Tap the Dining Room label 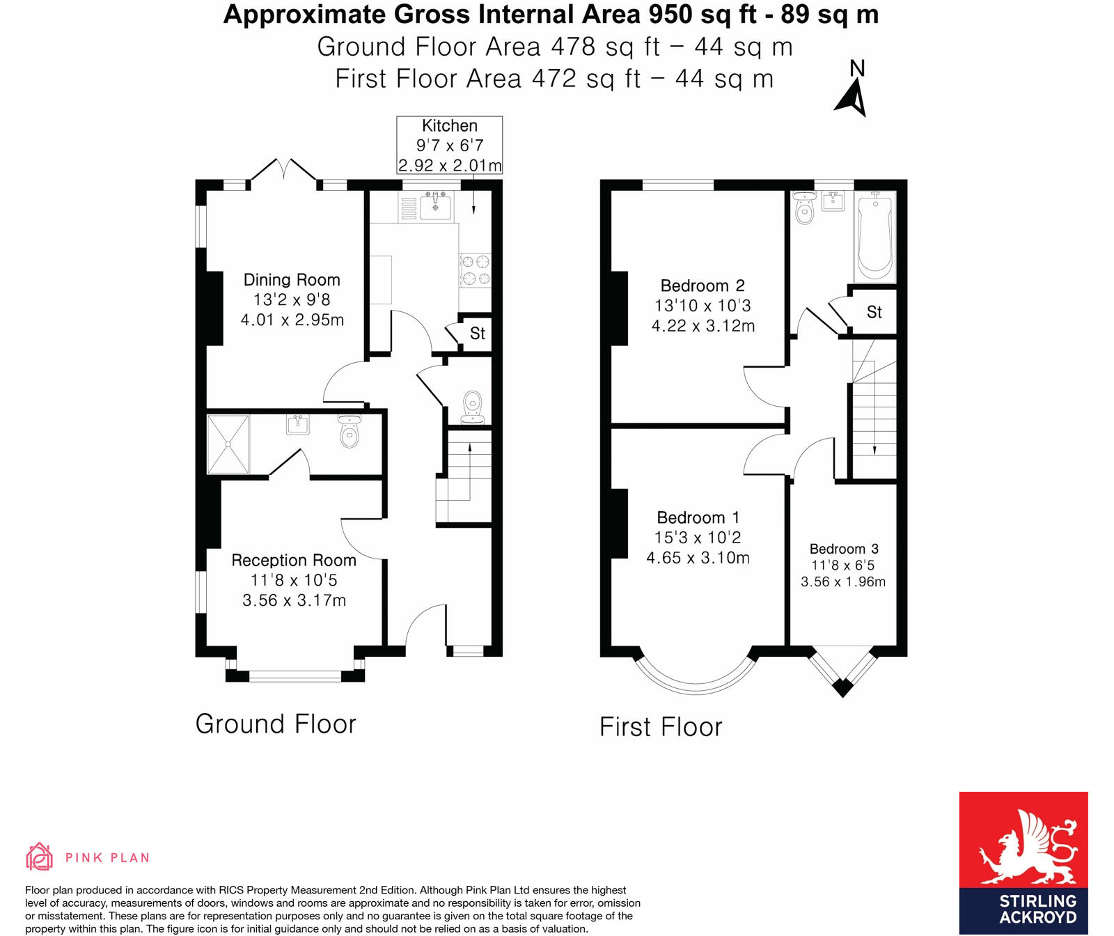pos(292,280)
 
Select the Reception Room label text pos(294,561)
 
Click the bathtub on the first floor pos(875,237)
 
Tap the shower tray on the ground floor pos(228,444)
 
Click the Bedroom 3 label pos(844,549)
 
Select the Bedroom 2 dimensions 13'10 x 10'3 pos(703,306)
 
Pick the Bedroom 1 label pos(698,517)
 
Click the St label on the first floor pos(874,312)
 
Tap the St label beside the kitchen pos(478,334)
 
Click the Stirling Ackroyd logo pos(1023,863)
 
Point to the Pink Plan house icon pos(40,857)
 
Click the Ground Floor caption pos(276,724)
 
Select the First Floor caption pos(661,727)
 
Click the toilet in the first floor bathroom pos(804,208)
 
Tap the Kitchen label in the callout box pos(450,126)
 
